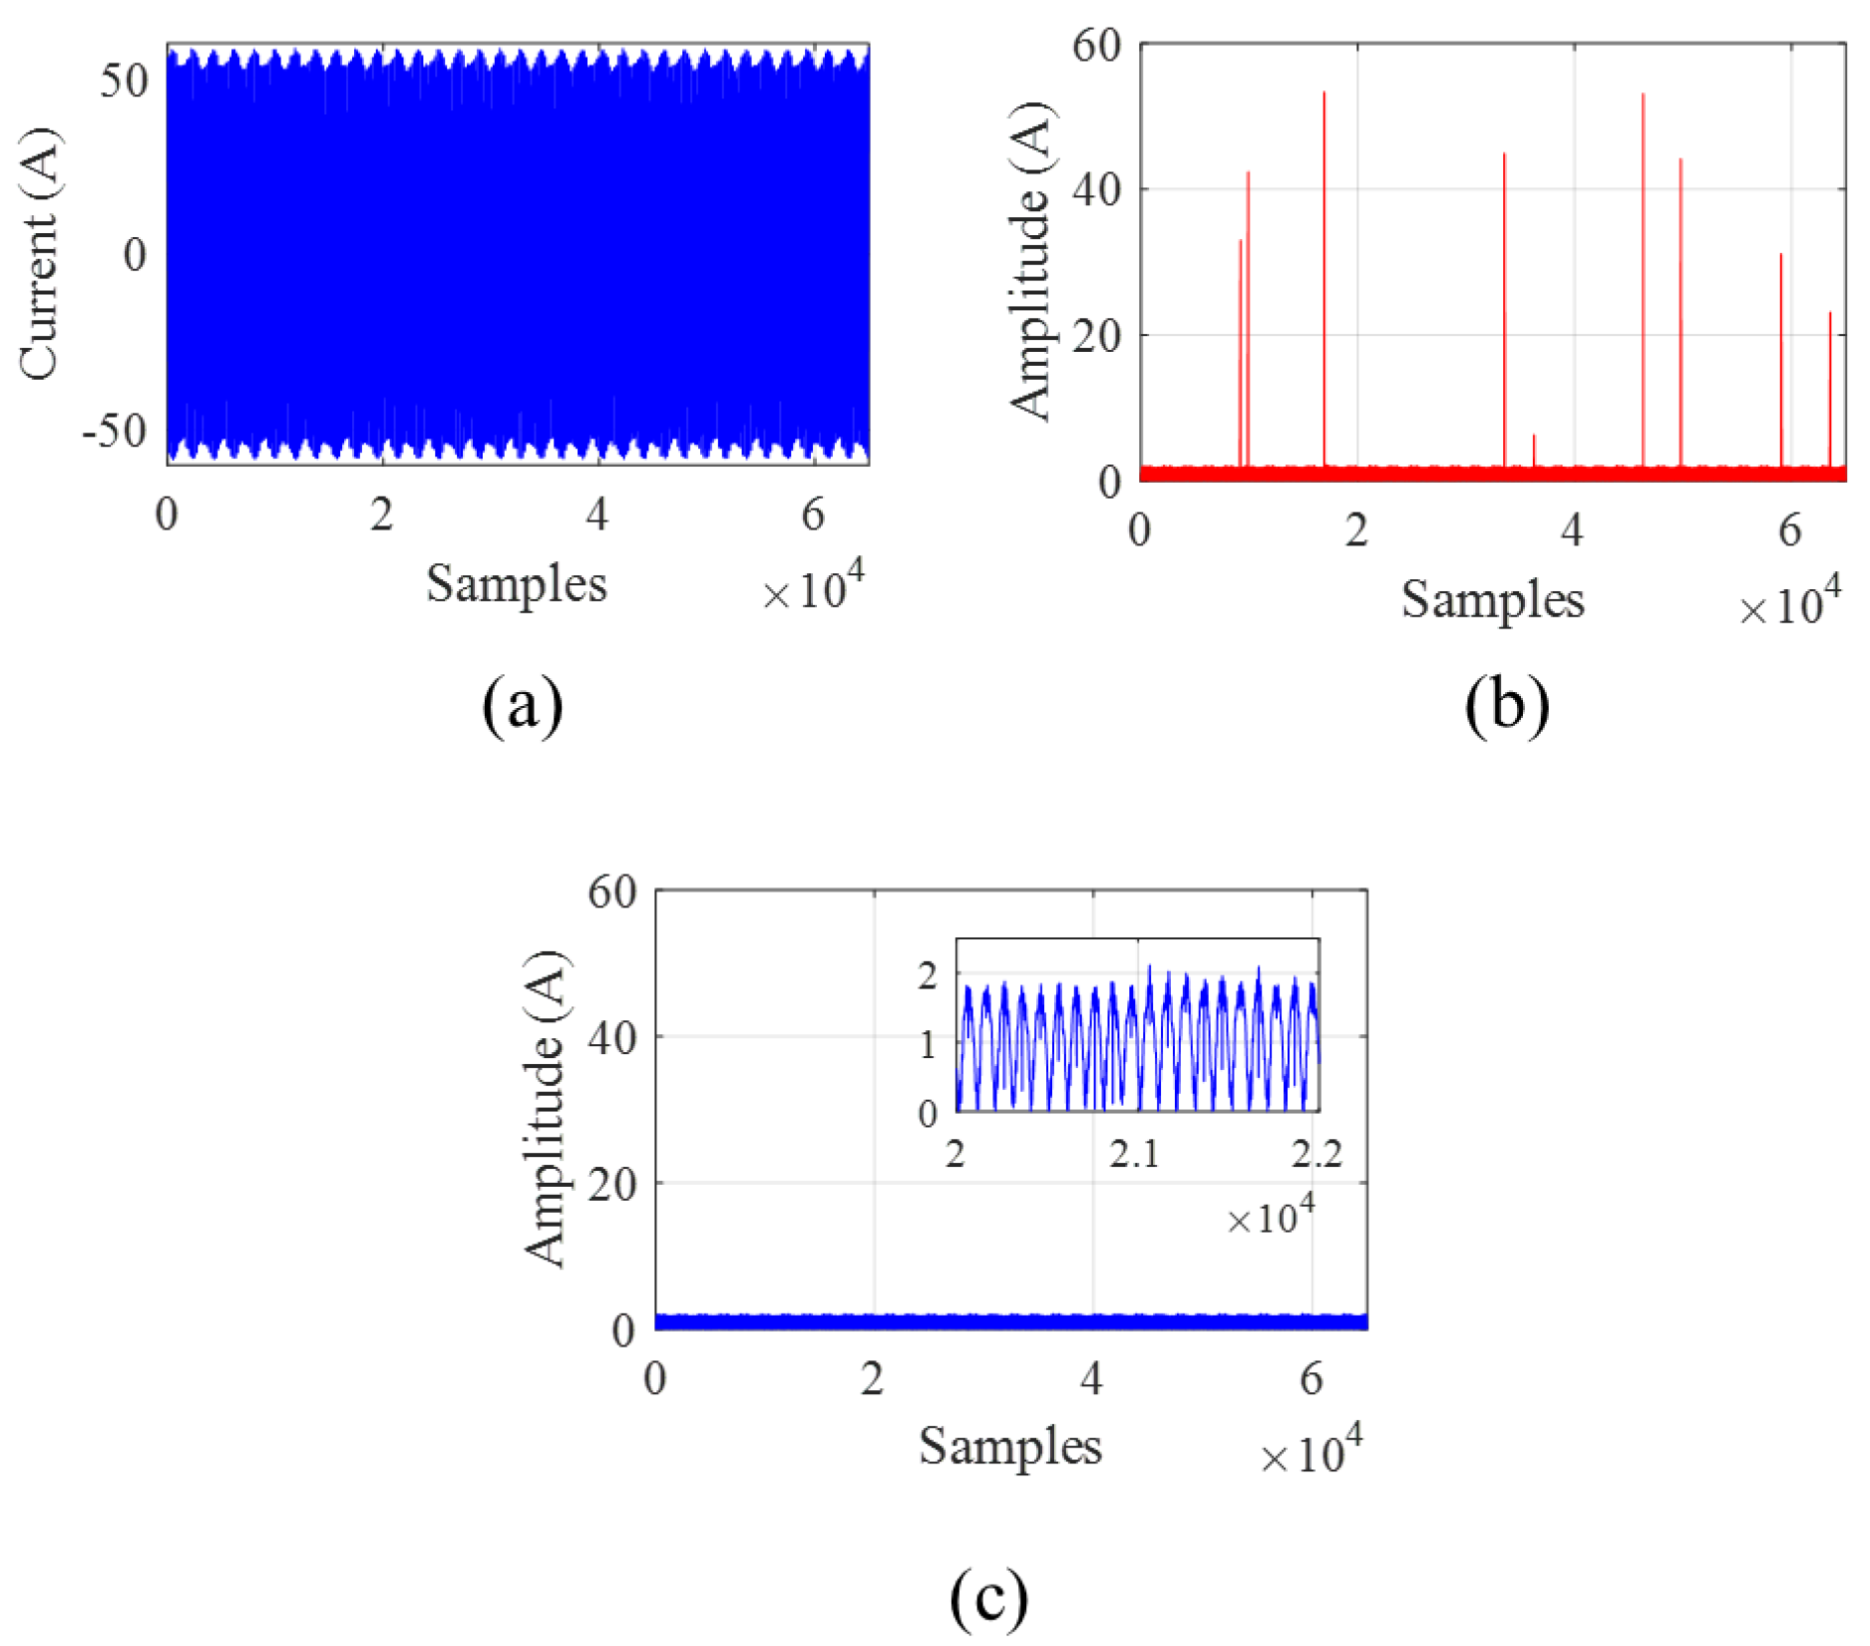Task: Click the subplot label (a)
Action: click(523, 704)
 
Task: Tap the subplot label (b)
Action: click(1506, 704)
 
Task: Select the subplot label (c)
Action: click(989, 1594)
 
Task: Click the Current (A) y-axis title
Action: click(40, 254)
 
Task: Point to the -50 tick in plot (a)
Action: click(114, 430)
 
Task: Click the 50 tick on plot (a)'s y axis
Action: click(124, 80)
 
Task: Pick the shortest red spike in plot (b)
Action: click(1534, 448)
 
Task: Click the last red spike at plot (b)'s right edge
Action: click(1830, 387)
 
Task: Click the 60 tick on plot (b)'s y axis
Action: click(1097, 46)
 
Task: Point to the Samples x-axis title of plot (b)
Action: click(1492, 600)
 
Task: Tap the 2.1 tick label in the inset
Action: click(1134, 1153)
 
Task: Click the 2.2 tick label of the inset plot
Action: click(1317, 1153)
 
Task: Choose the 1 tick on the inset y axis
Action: click(928, 1044)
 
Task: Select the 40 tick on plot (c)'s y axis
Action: click(612, 1037)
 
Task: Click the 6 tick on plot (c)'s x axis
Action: click(1311, 1378)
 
